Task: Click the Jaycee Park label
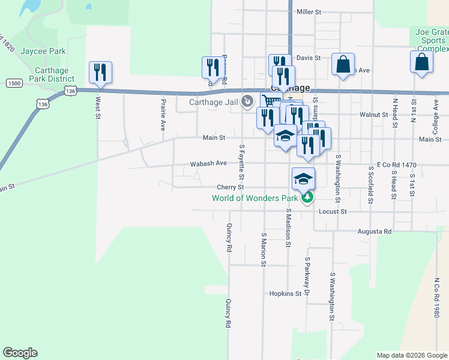[43, 52]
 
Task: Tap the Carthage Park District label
[51, 74]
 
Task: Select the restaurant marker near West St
[100, 73]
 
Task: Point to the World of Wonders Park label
[255, 198]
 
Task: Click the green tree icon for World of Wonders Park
[307, 197]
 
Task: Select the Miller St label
[309, 11]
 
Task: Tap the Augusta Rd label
[375, 231]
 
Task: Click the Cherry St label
[230, 187]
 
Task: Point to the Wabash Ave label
[208, 163]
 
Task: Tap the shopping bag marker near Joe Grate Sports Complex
[422, 62]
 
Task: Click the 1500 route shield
[14, 83]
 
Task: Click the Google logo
[20, 353]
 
